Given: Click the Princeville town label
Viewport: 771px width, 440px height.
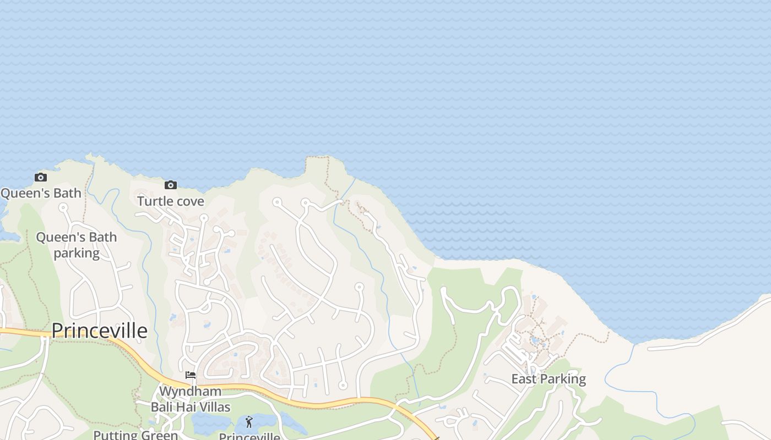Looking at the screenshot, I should [100, 331].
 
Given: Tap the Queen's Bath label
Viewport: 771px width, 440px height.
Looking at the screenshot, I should [41, 193].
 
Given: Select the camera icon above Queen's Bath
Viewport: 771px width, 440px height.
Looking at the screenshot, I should [41, 177].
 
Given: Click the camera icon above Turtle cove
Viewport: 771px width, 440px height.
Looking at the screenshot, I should [171, 185].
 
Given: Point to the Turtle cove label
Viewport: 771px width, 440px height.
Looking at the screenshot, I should [171, 201].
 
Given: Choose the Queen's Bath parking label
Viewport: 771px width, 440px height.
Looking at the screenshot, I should [77, 245].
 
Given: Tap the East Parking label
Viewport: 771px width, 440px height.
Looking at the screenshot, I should [549, 379].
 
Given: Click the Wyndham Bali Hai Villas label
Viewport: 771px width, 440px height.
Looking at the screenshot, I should [191, 399].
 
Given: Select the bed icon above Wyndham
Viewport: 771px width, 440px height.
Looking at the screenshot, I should [191, 375].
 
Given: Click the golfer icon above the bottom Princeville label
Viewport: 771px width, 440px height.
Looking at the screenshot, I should [249, 422].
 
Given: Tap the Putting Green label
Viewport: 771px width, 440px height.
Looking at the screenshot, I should [135, 435].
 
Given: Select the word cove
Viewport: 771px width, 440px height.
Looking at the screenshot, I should [191, 201].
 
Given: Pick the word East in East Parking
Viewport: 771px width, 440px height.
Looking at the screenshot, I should [523, 379].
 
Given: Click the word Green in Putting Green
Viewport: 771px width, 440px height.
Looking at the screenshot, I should [159, 435].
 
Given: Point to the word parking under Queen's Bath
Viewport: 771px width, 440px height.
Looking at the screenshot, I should [77, 253].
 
